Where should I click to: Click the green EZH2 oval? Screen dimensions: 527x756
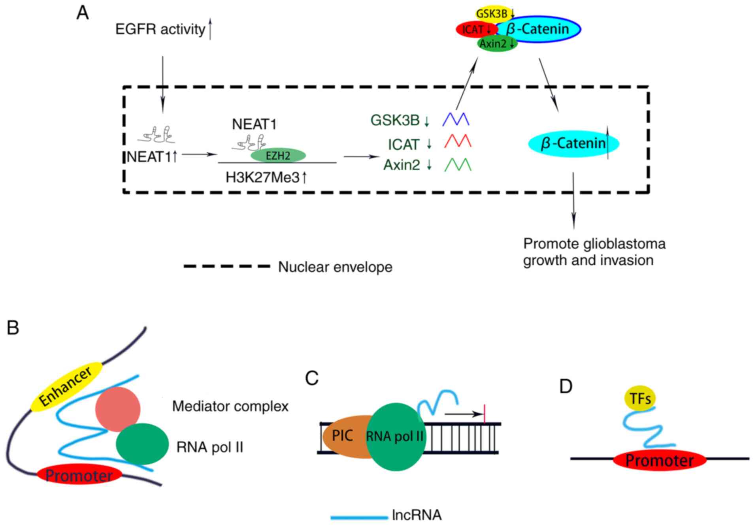pos(278,155)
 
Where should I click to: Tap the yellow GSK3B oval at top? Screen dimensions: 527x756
pos(492,14)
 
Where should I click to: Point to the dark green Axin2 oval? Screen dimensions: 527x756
pos(497,44)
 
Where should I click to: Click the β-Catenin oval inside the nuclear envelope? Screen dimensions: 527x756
pos(573,143)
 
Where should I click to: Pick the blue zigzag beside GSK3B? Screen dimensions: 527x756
pos(456,119)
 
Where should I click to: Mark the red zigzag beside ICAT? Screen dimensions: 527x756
pos(457,141)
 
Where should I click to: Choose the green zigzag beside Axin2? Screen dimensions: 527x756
pos(458,164)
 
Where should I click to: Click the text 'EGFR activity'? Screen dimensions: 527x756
pos(160,29)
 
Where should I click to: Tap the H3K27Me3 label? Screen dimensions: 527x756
pos(263,178)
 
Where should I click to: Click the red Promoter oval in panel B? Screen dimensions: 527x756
pos(79,476)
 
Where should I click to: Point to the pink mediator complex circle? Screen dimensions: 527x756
pos(118,409)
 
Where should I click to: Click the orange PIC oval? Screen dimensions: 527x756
pos(343,436)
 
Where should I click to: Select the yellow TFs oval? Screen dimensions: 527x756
pos(640,399)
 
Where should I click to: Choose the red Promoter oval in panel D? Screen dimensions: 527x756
pos(660,461)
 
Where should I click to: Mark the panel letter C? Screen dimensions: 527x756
pos(312,378)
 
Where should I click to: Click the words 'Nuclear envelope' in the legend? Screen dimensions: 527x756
pos(335,267)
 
